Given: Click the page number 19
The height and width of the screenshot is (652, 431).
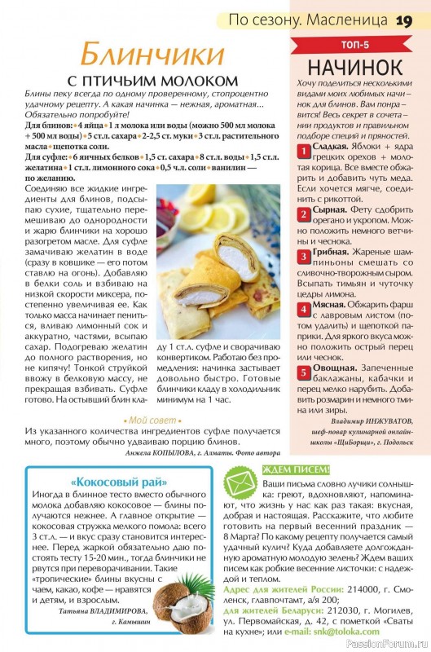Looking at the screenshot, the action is click(406, 20).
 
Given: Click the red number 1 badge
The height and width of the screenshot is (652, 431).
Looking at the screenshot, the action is click(301, 151).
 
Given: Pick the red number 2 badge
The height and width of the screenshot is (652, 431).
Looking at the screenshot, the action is click(301, 215).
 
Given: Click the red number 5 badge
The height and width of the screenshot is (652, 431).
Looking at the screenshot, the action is click(301, 374).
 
